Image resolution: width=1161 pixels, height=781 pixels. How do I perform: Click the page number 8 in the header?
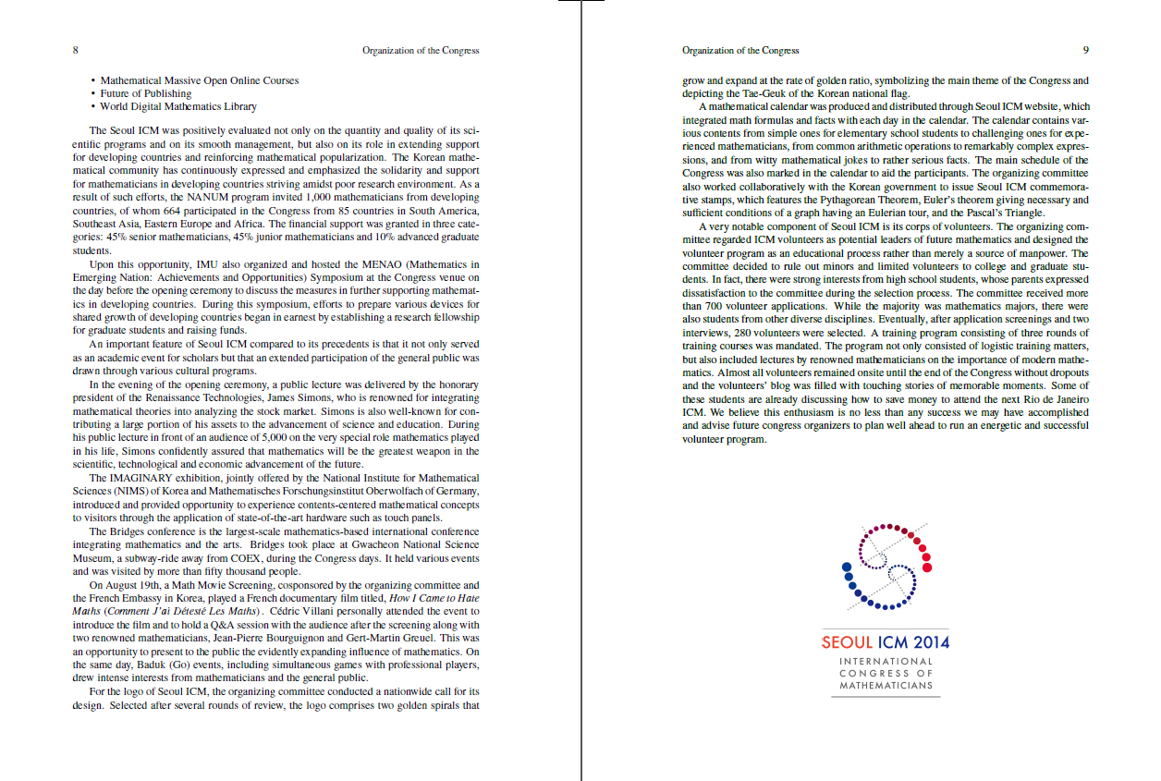click(75, 50)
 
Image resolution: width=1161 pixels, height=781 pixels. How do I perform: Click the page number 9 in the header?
click(1086, 50)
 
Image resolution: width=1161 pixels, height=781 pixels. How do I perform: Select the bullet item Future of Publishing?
click(145, 93)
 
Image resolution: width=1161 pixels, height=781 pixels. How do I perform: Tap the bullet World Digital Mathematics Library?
click(178, 107)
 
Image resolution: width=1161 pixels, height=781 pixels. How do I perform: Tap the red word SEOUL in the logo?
click(847, 642)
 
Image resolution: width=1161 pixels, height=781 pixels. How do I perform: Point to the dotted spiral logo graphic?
click(886, 566)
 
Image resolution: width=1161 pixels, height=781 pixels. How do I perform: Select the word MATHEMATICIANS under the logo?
click(886, 686)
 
